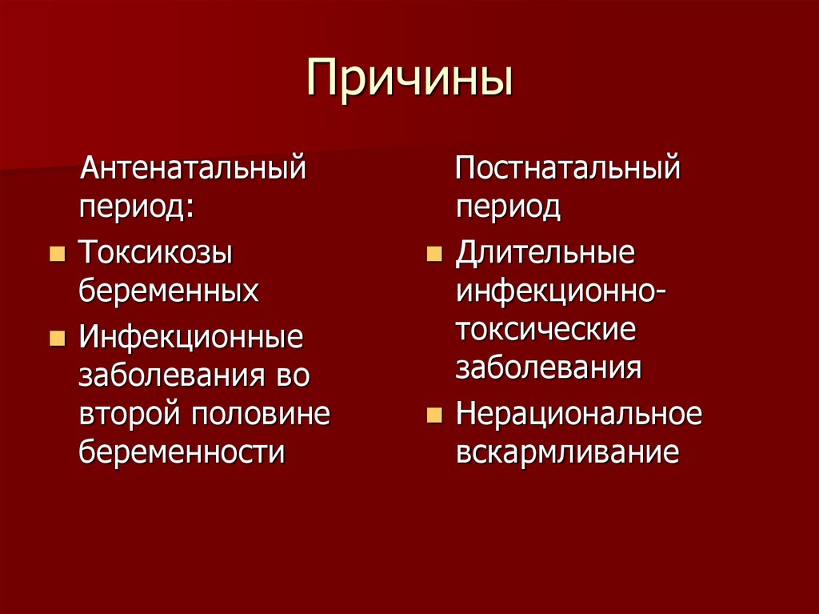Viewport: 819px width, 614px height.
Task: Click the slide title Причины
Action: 409,78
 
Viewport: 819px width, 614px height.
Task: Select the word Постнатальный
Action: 568,170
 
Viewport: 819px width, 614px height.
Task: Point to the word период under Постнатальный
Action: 508,209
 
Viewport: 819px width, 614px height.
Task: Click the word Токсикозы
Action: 156,254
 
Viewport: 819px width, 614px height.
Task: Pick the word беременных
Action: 169,291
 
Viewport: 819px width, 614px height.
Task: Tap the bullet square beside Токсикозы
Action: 57,255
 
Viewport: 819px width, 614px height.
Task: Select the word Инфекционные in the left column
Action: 191,336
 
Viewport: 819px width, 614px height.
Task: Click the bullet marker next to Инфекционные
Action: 57,337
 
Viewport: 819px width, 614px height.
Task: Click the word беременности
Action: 182,452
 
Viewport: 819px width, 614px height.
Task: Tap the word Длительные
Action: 545,254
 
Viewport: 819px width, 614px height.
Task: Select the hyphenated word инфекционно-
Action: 562,291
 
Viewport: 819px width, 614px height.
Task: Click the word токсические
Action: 546,330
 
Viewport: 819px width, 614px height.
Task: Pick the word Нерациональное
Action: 579,414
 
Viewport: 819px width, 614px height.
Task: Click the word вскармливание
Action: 568,452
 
